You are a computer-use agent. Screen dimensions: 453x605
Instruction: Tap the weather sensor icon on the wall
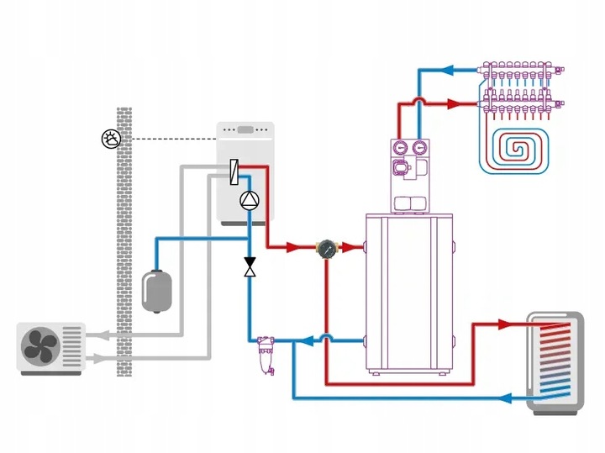(x=110, y=139)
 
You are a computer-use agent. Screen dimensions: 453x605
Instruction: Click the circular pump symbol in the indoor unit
(x=250, y=200)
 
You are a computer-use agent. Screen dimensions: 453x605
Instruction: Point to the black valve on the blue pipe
(x=250, y=267)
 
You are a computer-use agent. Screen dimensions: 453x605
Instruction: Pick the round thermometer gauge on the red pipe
(x=325, y=248)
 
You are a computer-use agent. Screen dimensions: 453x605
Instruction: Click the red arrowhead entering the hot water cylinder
(x=504, y=324)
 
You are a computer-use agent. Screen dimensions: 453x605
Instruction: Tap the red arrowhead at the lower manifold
(x=454, y=104)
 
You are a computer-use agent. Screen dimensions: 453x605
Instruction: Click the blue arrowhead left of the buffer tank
(x=308, y=340)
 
